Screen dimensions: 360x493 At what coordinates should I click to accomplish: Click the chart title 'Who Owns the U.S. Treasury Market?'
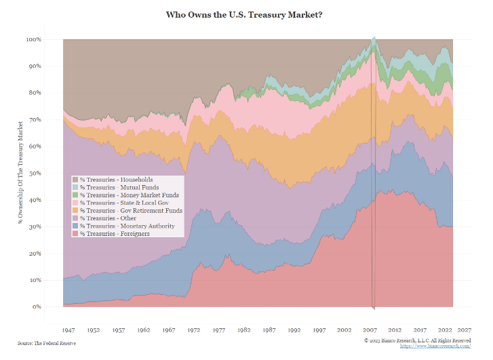pos(243,14)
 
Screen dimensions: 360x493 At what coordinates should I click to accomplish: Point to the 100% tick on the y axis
pos(34,39)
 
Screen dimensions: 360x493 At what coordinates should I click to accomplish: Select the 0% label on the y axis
pos(37,306)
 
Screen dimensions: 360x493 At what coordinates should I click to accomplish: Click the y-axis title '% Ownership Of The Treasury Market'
pos(20,174)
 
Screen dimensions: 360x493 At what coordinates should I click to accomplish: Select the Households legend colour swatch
pos(75,180)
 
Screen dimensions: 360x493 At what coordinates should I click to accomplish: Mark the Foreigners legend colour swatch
pos(75,234)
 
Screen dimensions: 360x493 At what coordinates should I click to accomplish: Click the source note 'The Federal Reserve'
pos(47,343)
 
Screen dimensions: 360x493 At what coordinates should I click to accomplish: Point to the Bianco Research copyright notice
pos(417,340)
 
